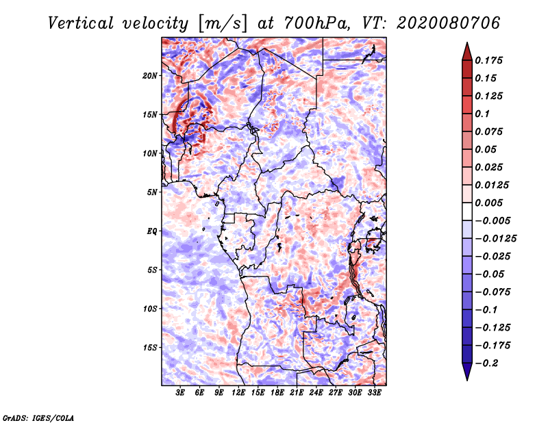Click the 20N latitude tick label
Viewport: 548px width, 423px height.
coord(151,75)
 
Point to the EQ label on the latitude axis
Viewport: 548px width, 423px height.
coord(152,231)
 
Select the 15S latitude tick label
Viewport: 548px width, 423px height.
coord(151,347)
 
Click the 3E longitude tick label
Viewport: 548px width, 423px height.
coord(180,394)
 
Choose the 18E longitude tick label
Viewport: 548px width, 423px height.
coord(277,394)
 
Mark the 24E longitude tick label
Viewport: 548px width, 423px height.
coord(316,394)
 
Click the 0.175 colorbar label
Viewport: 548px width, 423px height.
coord(490,60)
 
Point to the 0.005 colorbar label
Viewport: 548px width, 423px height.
coord(490,203)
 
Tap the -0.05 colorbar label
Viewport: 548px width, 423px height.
coord(490,274)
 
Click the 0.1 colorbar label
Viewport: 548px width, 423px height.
coord(482,114)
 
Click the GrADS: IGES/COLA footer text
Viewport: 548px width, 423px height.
coord(38,417)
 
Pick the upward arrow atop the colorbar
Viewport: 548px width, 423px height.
coord(466,49)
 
